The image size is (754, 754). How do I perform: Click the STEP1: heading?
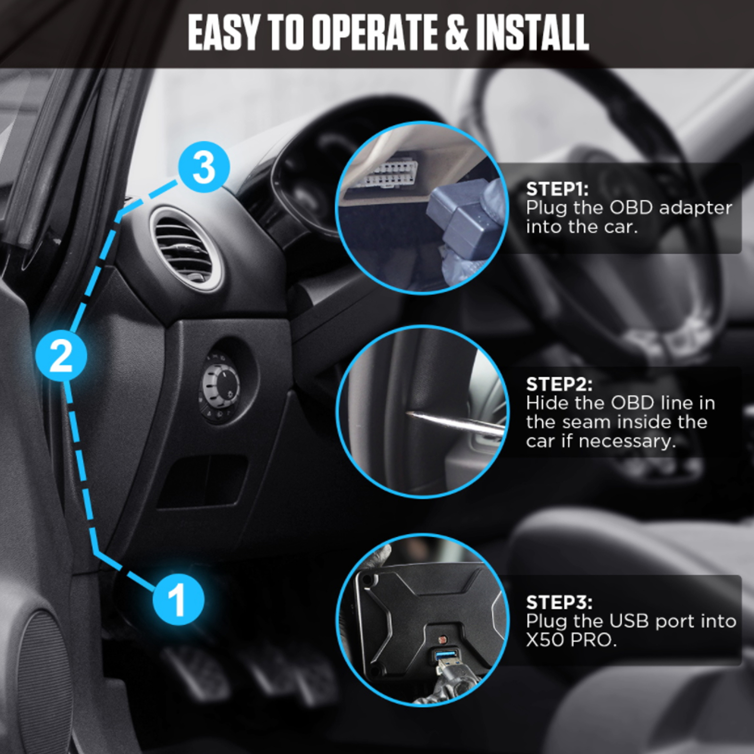(x=557, y=189)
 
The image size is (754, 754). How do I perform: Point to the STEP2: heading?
(x=559, y=384)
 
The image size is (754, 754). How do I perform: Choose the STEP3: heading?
(x=559, y=602)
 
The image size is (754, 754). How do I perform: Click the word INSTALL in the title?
(x=532, y=33)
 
